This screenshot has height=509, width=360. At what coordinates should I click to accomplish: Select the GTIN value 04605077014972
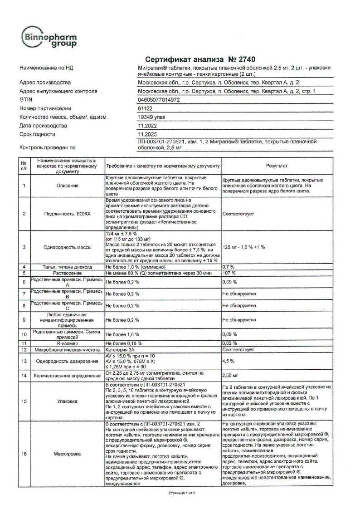pos(159,99)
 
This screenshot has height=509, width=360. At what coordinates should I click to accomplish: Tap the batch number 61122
pos(145,108)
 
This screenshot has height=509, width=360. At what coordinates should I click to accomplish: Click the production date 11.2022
pos(147,126)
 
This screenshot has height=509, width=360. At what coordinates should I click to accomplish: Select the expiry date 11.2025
pos(147,134)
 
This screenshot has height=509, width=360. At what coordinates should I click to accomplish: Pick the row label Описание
pos(67,186)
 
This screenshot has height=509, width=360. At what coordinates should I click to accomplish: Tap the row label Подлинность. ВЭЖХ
pos(67,213)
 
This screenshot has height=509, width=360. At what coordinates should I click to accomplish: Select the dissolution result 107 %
pos(229,274)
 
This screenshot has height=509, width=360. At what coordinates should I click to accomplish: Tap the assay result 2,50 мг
pos(230,376)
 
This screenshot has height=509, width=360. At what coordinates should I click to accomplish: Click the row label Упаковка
pos(67,401)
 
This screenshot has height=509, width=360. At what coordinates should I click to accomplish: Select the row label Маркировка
pos(67,453)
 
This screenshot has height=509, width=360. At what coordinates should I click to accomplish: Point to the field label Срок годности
pos(37,134)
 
